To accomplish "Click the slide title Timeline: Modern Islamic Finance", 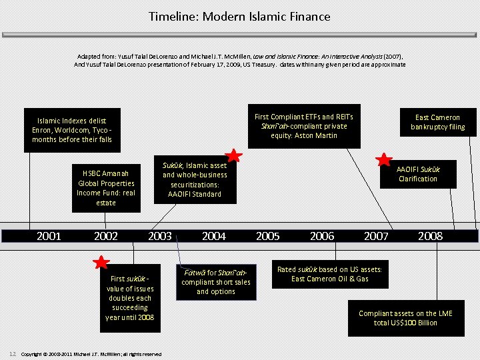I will click(239, 16).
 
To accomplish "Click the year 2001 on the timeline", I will click(49, 236).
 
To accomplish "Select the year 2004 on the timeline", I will click(213, 236).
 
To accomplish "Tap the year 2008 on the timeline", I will click(430, 236).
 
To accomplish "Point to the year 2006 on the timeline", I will click(322, 236).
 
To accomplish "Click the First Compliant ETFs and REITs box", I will click(304, 126).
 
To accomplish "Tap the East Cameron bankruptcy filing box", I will click(437, 122).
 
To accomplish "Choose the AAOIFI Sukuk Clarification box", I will click(418, 174).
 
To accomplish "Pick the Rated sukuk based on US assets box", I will click(329, 274).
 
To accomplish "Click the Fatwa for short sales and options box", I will click(215, 282).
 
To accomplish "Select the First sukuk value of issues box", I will click(130, 298).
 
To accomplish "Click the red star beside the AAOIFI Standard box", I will click(233, 155).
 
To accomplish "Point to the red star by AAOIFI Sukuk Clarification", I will click(385, 159).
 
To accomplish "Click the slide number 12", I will click(12, 353).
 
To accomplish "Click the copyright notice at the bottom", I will click(91, 353).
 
